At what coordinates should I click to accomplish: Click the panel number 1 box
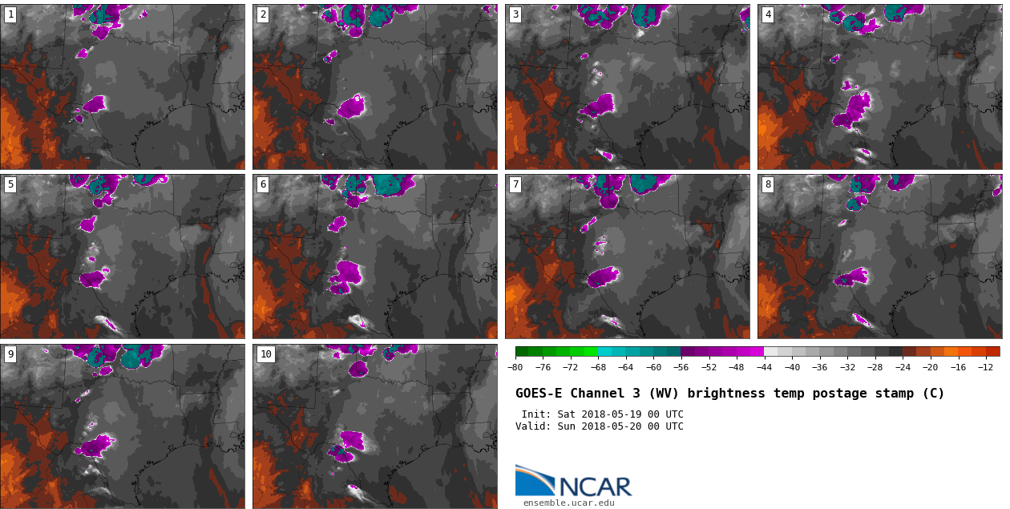coord(10,14)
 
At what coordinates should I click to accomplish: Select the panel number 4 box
coord(768,14)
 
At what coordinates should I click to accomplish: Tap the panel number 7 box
coord(515,184)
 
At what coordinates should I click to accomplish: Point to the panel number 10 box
coord(265,354)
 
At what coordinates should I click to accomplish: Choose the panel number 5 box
coord(10,184)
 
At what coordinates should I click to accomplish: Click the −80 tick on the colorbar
coord(515,367)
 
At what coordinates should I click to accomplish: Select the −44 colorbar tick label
coord(764,367)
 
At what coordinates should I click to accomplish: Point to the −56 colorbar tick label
coord(681,367)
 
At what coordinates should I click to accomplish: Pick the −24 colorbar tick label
coord(903,367)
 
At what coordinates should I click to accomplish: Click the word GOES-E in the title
coord(538,394)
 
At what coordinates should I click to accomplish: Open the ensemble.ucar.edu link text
coord(569,503)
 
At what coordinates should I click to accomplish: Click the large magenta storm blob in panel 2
coord(352,107)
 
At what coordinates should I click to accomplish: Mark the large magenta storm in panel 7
coord(603,277)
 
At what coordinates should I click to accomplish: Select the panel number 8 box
coord(768,184)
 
